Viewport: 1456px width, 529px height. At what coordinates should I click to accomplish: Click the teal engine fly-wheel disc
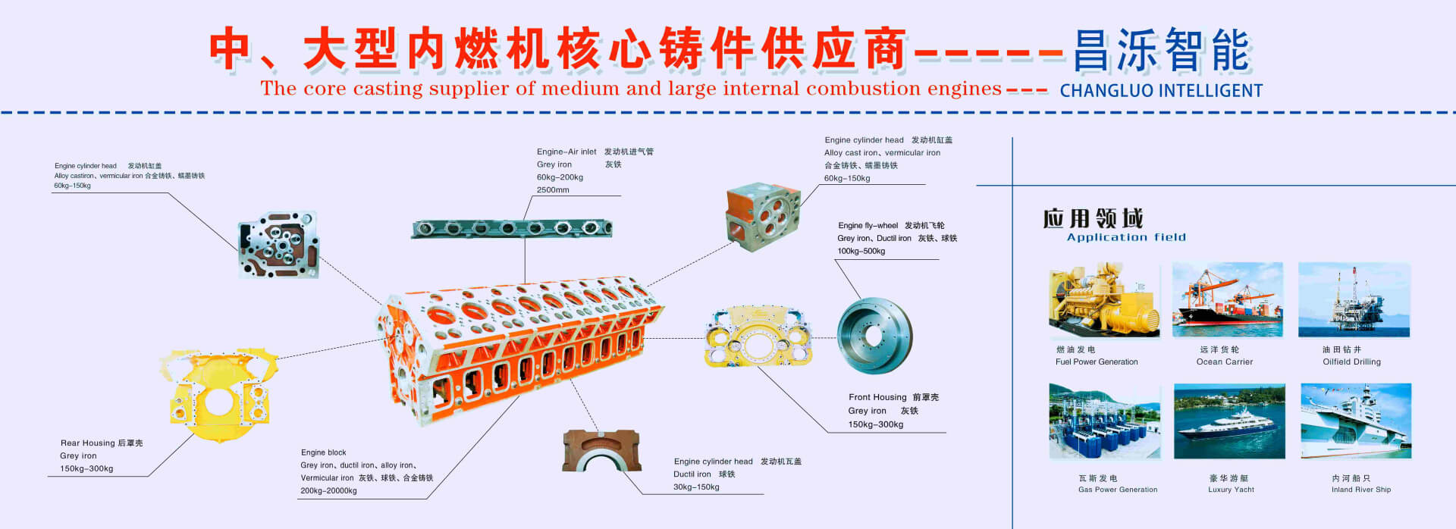[x=874, y=336]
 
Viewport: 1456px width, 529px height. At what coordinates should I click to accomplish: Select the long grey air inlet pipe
[x=512, y=228]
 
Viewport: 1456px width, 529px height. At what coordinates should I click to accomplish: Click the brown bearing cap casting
[x=601, y=451]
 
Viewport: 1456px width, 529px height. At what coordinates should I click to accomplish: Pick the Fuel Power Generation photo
[x=1104, y=300]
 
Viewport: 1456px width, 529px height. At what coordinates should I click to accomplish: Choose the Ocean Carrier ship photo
[x=1227, y=300]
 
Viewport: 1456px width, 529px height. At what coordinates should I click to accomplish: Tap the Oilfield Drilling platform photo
[x=1354, y=300]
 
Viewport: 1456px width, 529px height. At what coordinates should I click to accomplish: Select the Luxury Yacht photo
[x=1229, y=421]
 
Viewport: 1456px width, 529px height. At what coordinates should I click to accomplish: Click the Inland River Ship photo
[x=1356, y=421]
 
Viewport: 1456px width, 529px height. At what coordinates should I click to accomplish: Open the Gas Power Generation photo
[x=1105, y=421]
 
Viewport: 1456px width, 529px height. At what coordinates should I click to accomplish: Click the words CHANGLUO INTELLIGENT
[x=1161, y=91]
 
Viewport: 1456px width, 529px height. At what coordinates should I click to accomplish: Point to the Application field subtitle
[x=1126, y=237]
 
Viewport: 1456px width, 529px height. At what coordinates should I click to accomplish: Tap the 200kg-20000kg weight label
[x=328, y=491]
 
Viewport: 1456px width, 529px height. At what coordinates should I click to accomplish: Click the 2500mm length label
[x=553, y=190]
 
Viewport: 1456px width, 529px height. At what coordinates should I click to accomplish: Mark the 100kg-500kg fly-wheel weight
[x=861, y=252]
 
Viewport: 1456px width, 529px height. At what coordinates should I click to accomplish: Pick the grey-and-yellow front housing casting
[x=758, y=337]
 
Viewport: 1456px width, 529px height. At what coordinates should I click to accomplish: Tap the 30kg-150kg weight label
[x=696, y=487]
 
